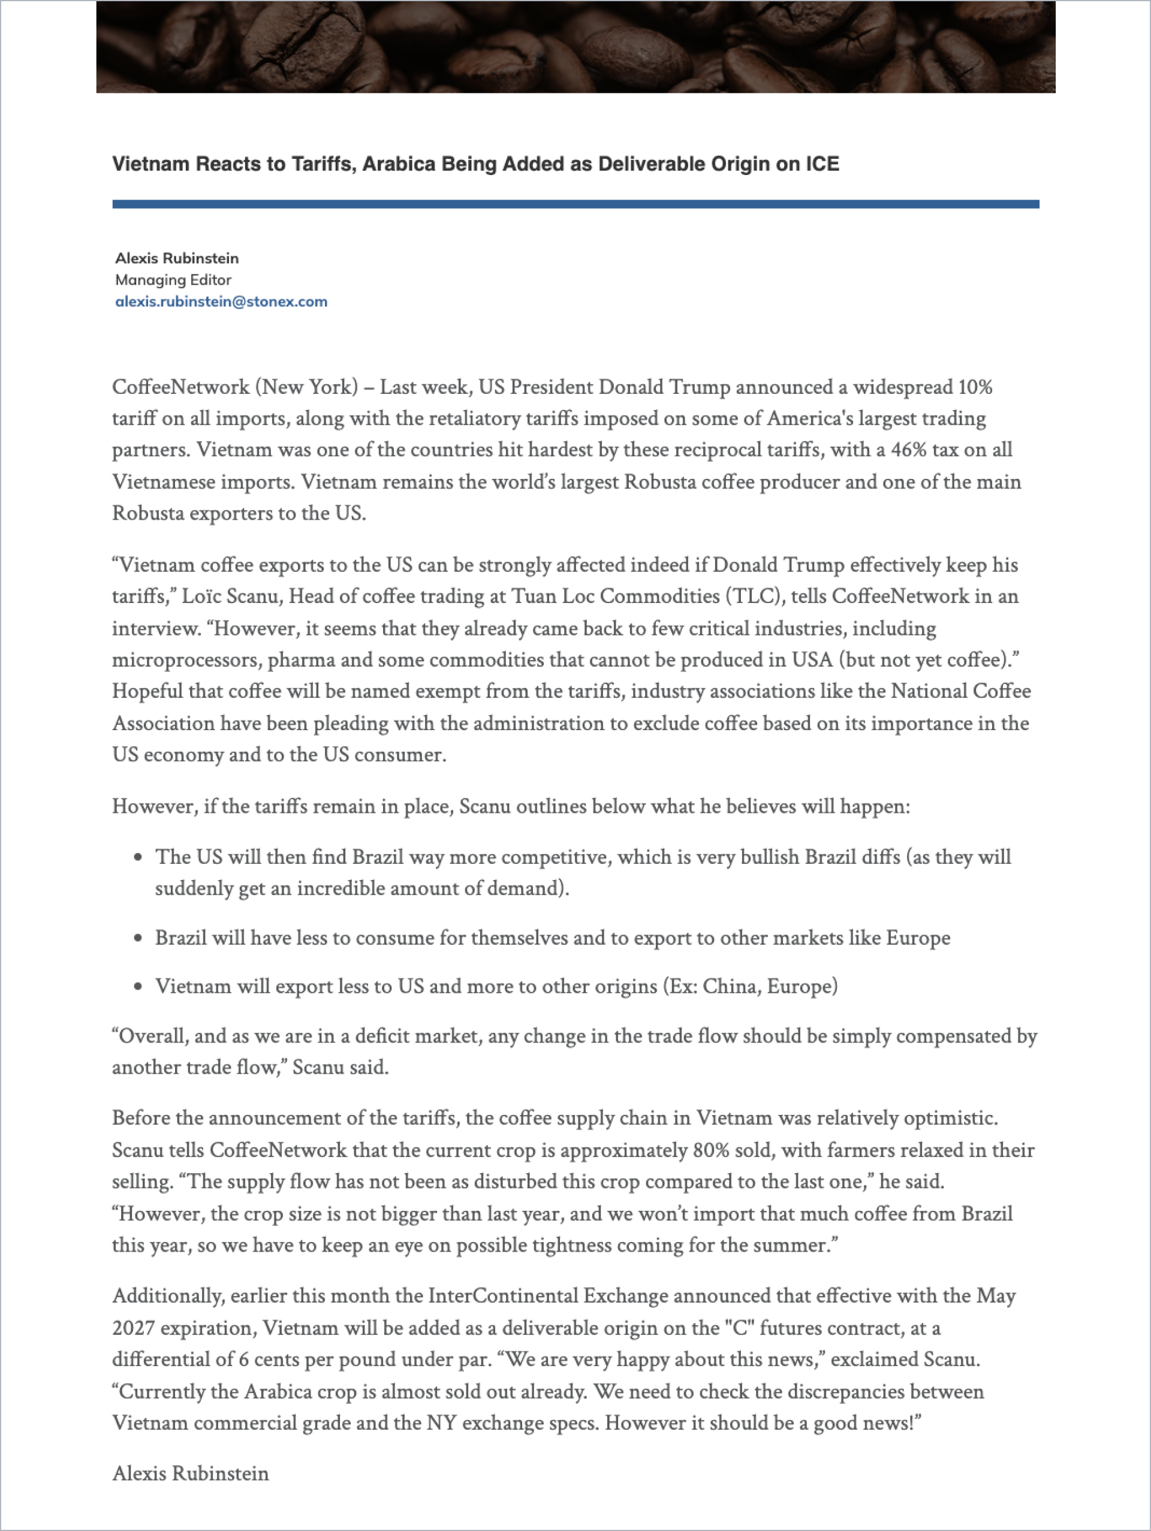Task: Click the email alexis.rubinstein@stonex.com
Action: click(x=221, y=301)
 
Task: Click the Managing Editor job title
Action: click(x=173, y=279)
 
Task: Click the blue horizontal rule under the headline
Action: click(x=575, y=204)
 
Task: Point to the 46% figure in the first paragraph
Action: click(x=908, y=450)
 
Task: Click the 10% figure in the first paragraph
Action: click(x=975, y=387)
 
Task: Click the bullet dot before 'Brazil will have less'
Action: click(x=138, y=939)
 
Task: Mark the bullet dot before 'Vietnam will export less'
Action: click(x=138, y=986)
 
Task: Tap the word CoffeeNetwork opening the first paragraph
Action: click(x=180, y=387)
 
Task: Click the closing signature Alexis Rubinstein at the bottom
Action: click(x=190, y=1473)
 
